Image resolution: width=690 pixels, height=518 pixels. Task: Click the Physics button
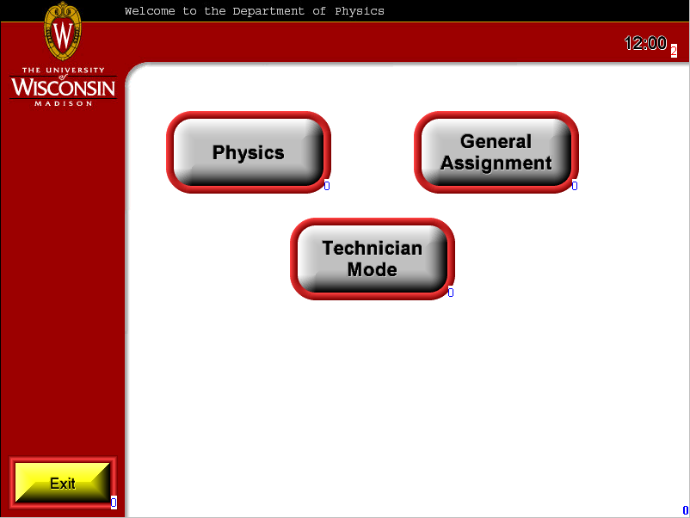click(x=249, y=152)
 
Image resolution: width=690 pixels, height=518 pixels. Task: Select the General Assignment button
click(x=496, y=152)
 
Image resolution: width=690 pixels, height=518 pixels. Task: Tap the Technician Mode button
click(x=373, y=259)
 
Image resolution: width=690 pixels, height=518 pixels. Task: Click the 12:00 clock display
click(x=645, y=43)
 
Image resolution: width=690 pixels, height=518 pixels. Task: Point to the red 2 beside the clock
click(x=674, y=51)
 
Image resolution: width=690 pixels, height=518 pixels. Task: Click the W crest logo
click(x=63, y=31)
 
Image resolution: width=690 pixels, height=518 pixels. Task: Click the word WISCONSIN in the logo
click(x=64, y=87)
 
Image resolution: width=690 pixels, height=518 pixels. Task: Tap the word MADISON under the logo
click(x=64, y=103)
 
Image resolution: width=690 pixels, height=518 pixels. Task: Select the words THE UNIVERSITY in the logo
click(x=64, y=70)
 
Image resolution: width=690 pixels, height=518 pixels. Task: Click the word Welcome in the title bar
click(x=150, y=11)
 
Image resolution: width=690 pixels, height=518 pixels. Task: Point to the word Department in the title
click(x=268, y=11)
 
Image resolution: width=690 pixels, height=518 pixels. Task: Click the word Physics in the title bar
click(x=360, y=11)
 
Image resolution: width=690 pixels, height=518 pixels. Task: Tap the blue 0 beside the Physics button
click(x=327, y=186)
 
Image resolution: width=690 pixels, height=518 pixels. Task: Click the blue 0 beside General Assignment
click(x=575, y=186)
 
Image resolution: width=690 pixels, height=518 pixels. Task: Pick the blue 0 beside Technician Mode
click(x=451, y=293)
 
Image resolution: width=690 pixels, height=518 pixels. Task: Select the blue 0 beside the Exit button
click(x=114, y=503)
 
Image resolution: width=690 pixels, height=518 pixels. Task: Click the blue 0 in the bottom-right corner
click(x=685, y=510)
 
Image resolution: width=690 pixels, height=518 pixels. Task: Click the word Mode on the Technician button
click(x=373, y=270)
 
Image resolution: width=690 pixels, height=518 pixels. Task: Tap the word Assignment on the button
click(x=496, y=163)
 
